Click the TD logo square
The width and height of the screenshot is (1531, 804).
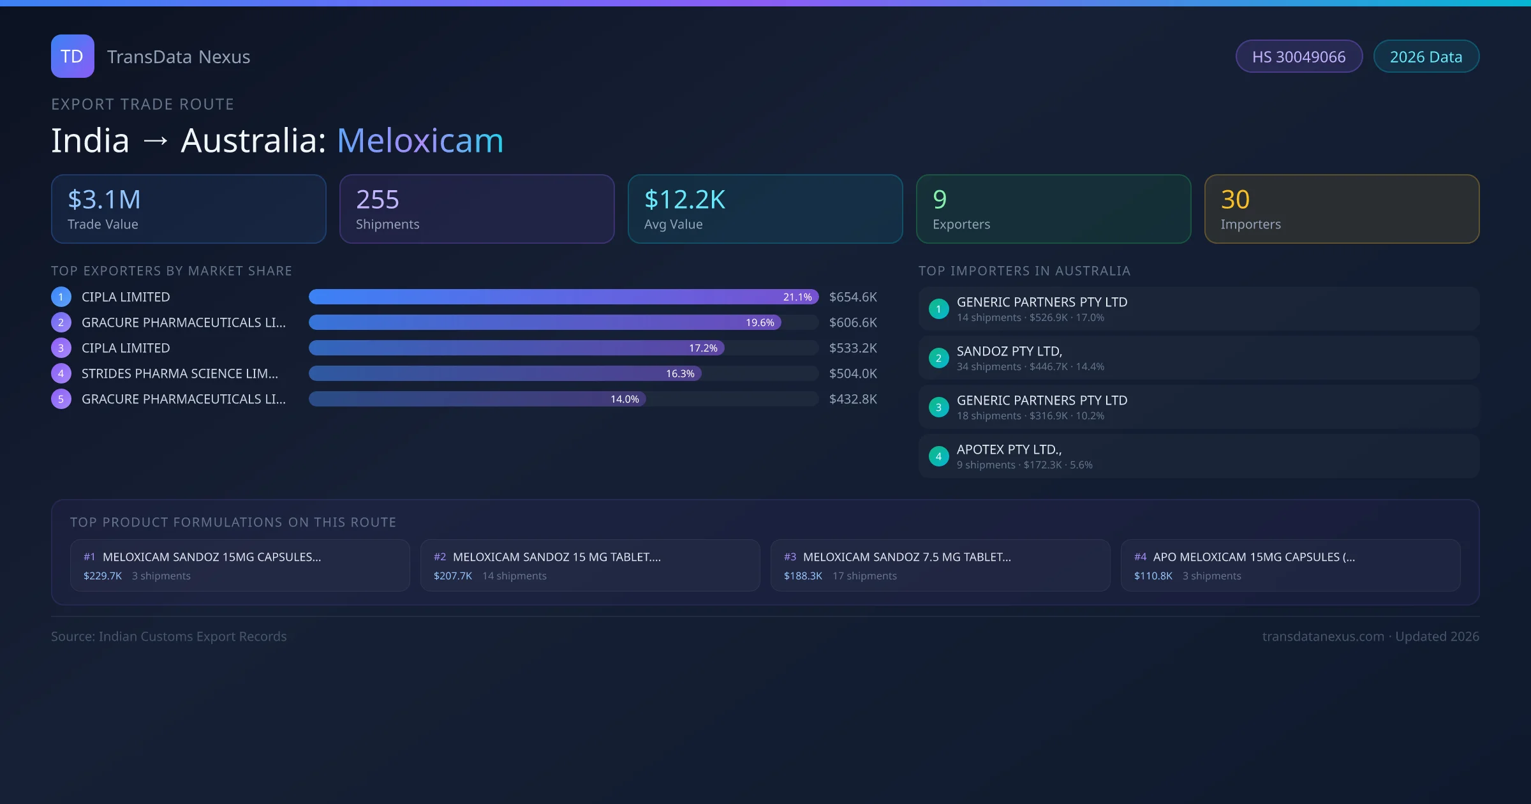pos(73,56)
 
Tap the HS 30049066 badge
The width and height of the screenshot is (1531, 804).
pos(1299,57)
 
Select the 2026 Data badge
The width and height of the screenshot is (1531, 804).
pos(1426,57)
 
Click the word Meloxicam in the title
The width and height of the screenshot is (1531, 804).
pos(420,140)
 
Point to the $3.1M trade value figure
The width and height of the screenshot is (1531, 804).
pos(104,200)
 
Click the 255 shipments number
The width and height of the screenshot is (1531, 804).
pos(378,200)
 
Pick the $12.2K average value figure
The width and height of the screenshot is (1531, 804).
pos(684,200)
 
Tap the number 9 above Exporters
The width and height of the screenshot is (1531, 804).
pos(940,200)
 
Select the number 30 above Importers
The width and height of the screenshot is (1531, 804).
pos(1235,200)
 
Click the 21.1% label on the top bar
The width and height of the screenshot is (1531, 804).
pos(797,297)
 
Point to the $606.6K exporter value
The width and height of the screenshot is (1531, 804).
pos(853,323)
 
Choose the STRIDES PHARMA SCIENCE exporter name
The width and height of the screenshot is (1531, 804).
pos(180,374)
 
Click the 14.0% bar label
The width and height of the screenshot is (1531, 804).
pos(625,399)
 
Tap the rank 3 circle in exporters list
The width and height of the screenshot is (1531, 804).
pos(61,348)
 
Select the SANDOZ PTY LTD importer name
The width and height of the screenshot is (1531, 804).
pos(1009,352)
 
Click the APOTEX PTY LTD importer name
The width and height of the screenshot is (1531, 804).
pos(1009,450)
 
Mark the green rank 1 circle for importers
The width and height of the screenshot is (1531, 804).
pos(938,309)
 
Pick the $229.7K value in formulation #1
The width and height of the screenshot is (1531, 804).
pos(103,576)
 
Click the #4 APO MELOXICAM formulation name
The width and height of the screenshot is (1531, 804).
pos(1254,557)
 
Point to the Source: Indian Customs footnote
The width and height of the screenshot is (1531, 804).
pos(169,637)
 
